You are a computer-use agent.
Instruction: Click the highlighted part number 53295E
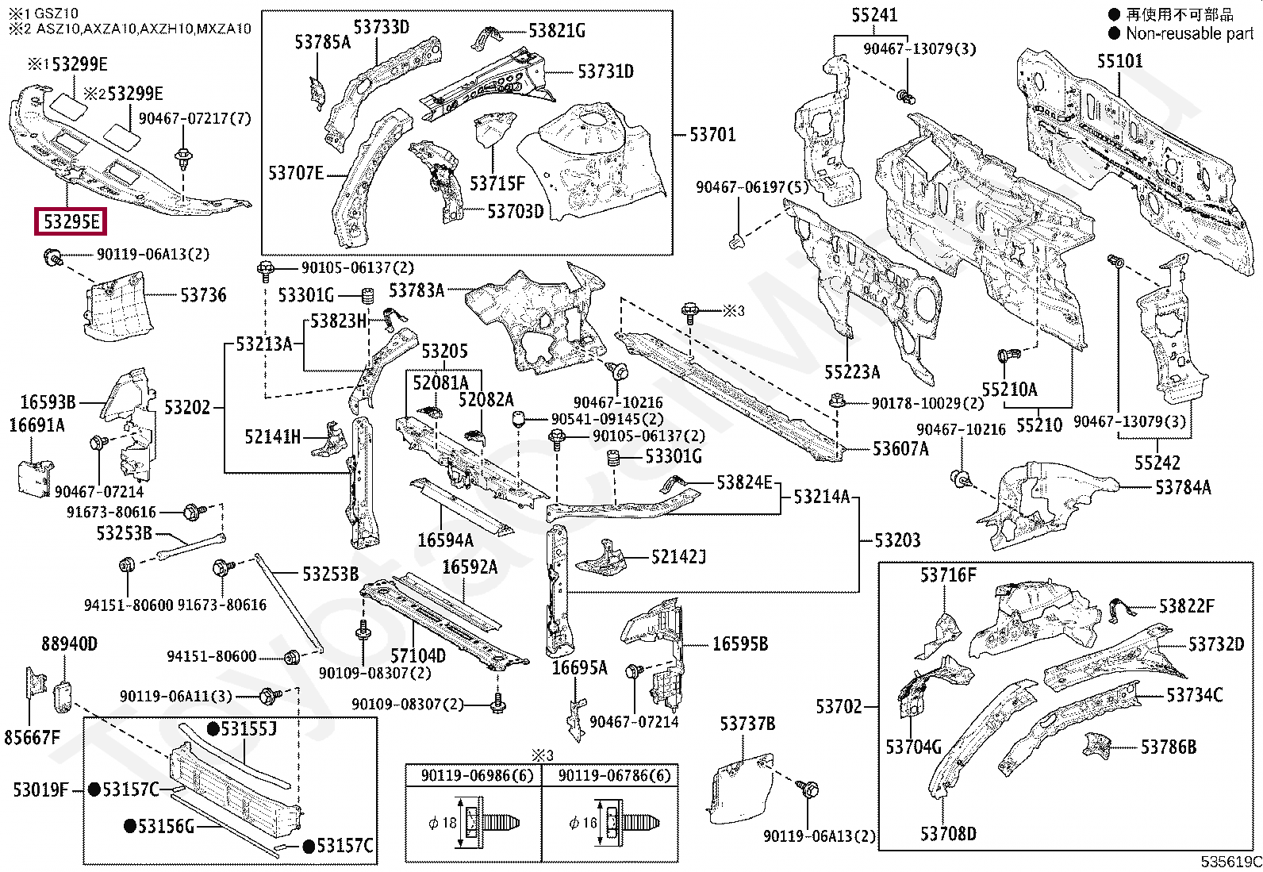pos(71,221)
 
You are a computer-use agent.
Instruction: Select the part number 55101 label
pos(1119,61)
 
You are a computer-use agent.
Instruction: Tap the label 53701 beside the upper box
pos(712,135)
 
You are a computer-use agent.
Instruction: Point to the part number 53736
pos(203,295)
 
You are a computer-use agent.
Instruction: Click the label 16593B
pos(48,402)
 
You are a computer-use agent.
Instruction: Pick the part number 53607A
pos(900,449)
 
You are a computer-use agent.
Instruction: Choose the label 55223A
pos(852,372)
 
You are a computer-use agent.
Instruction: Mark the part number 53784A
pos(1183,487)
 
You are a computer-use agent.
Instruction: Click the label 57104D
pos(418,655)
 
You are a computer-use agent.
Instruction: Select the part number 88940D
pos(70,643)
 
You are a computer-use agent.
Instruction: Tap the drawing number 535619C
pos(1230,862)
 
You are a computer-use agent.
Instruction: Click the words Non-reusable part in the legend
pos(1189,33)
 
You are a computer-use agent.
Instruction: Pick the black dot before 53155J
pos(213,728)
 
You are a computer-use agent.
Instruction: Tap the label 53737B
pos(747,724)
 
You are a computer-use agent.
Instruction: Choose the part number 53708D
pos(948,834)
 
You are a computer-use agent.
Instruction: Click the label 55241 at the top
pos(874,15)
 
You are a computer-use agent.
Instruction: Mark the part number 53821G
pos(557,31)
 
